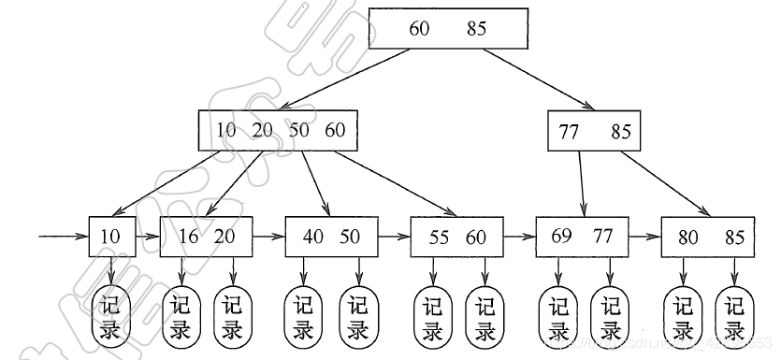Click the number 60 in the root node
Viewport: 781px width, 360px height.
pos(419,29)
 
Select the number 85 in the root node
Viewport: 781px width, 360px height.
pos(477,29)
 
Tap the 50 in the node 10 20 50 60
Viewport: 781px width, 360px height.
pos(298,131)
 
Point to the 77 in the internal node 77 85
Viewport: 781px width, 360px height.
pos(570,132)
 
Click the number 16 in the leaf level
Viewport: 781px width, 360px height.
pos(188,237)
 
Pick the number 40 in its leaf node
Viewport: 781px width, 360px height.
pos(313,237)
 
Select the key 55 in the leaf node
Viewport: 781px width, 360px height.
pos(439,237)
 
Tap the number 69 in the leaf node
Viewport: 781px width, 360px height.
pos(562,237)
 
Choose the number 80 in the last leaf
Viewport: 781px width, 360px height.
pos(688,238)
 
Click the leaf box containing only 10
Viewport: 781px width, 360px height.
pos(112,237)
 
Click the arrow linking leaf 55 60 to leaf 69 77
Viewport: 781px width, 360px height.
pos(518,237)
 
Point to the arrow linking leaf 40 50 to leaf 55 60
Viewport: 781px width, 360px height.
pos(394,237)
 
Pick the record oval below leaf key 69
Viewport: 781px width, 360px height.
pos(559,318)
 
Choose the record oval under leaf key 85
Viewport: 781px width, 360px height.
pos(735,318)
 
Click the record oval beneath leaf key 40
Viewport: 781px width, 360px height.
pos(304,318)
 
